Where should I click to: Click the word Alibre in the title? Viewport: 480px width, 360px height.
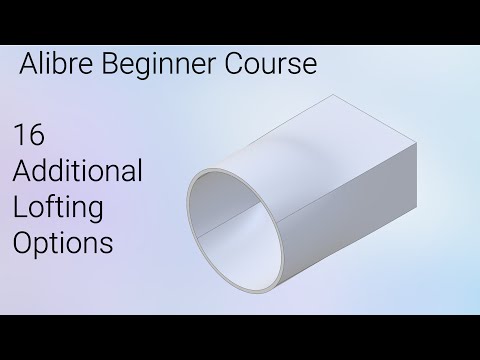[55, 67]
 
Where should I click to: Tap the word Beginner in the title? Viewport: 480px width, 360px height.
[149, 67]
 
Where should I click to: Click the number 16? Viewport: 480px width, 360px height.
[30, 135]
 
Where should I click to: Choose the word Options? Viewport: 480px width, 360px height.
[62, 243]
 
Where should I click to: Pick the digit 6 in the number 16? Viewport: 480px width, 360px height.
[36, 135]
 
